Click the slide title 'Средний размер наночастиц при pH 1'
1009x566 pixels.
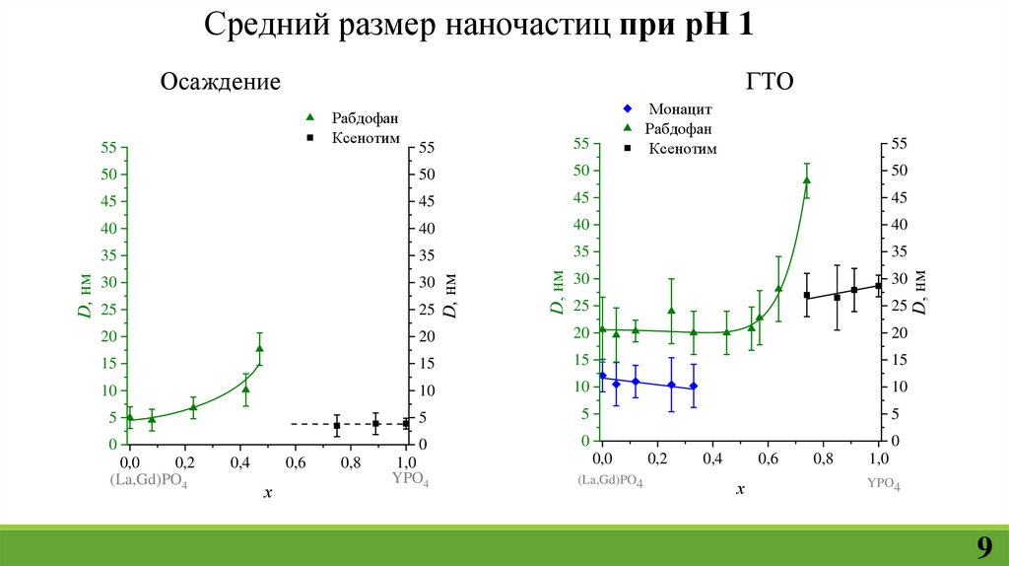click(479, 24)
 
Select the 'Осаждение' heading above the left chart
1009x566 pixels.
click(221, 82)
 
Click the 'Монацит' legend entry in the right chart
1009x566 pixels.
click(680, 108)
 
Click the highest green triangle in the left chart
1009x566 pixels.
click(260, 348)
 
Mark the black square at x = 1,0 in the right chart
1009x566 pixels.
click(879, 286)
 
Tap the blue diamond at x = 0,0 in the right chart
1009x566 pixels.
click(602, 376)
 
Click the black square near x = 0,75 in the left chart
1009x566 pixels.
click(337, 426)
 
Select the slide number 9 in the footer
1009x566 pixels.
click(983, 548)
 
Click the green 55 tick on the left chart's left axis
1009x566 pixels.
click(107, 148)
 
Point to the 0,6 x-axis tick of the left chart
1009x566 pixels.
click(296, 462)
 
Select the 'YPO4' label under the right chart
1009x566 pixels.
click(883, 483)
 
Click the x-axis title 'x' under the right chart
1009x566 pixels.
click(740, 488)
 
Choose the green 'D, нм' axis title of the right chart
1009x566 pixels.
click(557, 293)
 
